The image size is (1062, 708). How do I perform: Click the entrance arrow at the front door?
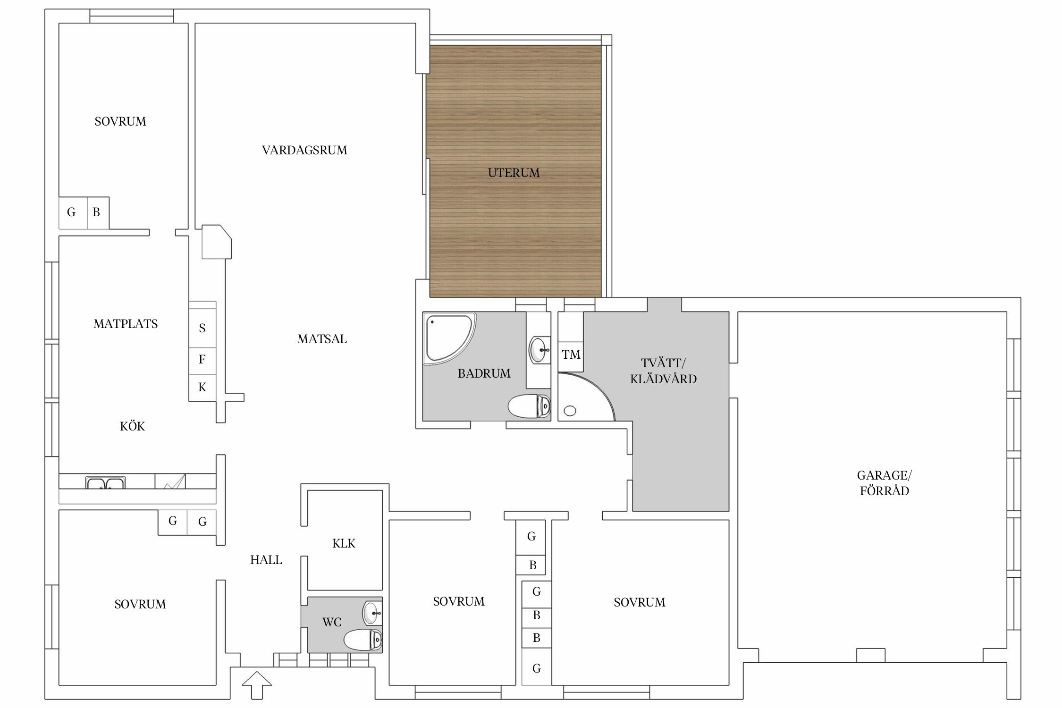click(257, 684)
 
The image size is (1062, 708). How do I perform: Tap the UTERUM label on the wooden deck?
click(514, 173)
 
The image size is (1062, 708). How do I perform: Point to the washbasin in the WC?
click(372, 613)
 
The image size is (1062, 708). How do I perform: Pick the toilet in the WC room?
click(363, 640)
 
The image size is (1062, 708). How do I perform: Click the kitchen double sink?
click(105, 482)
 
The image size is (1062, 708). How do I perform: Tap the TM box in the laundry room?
click(571, 354)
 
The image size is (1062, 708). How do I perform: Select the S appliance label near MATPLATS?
click(202, 328)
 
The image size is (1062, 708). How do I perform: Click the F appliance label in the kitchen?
click(202, 360)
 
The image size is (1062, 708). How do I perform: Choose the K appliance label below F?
click(202, 388)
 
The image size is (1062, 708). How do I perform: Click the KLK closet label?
click(344, 543)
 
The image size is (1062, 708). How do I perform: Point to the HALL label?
click(266, 560)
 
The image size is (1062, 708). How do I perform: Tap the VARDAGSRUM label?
click(304, 150)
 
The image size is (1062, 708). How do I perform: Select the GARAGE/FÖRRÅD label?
click(884, 483)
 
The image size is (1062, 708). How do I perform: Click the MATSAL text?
click(322, 339)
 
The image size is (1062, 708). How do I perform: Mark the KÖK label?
click(132, 426)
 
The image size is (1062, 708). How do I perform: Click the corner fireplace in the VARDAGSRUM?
click(217, 242)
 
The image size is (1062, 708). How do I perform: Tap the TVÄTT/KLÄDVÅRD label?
click(663, 371)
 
